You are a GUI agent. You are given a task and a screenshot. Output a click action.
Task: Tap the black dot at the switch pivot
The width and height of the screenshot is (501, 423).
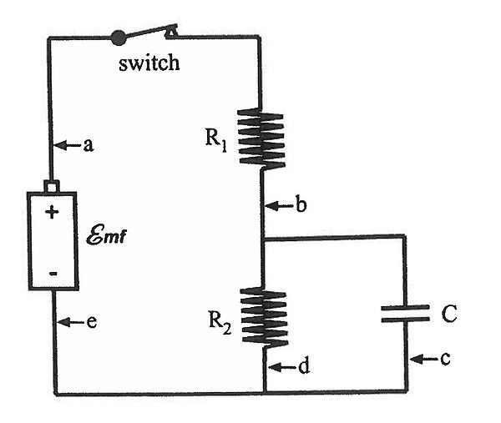(119, 37)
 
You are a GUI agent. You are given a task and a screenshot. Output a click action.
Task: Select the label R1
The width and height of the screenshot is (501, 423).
(216, 138)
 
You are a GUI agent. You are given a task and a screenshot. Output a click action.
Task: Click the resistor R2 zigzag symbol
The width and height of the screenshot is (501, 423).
(263, 315)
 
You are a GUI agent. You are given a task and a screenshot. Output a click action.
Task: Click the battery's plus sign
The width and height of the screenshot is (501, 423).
(52, 212)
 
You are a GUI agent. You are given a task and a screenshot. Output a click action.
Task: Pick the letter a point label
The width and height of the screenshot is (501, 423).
(88, 145)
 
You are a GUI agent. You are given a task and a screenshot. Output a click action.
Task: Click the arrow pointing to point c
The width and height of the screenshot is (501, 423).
(423, 360)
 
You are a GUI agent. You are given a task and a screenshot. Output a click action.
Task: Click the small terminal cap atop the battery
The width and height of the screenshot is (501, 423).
(52, 185)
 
